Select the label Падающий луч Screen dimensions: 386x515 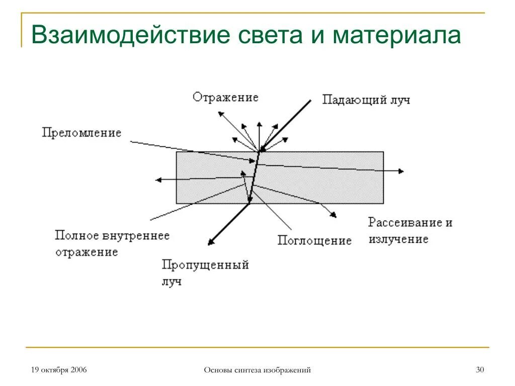coord(366,100)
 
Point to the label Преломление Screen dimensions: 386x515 coord(81,133)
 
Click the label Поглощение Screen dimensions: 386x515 coord(314,240)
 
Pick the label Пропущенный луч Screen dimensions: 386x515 coord(205,272)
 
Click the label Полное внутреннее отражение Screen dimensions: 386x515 coord(112,243)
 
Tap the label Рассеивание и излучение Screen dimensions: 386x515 coord(410,230)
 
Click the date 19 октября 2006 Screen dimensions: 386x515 coord(59,370)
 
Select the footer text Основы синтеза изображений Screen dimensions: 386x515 coord(257,370)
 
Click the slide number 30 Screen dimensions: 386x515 coord(479,370)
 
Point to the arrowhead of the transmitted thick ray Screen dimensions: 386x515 coord(210,243)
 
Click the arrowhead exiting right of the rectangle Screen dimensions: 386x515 coord(401,171)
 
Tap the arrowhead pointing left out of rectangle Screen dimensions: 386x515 coord(158,179)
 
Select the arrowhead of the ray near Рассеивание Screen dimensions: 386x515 coord(334,216)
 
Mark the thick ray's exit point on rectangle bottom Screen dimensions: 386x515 coord(249,203)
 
